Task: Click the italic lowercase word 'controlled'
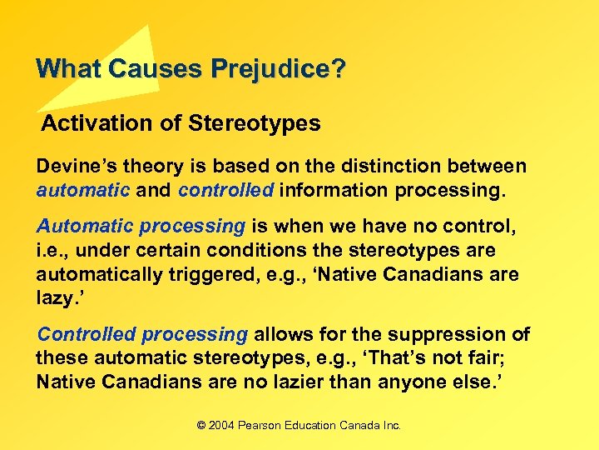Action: pyautogui.click(x=225, y=189)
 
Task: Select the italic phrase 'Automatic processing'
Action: pyautogui.click(x=141, y=227)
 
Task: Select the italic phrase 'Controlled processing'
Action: pyautogui.click(x=142, y=334)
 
